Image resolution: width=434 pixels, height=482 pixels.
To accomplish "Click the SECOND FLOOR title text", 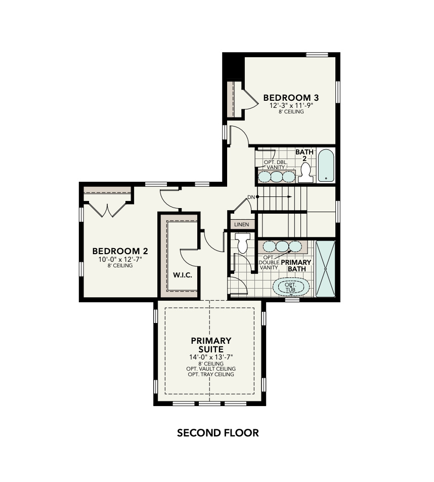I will [218, 433].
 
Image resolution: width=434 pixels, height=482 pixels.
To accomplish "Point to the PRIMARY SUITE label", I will [211, 345].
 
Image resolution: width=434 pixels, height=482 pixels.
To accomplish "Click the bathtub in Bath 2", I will [327, 165].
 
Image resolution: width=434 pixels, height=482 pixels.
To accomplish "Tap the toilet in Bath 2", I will [305, 174].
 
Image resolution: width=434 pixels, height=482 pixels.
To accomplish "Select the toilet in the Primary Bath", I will [243, 243].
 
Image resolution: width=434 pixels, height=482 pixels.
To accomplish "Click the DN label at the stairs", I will [251, 196].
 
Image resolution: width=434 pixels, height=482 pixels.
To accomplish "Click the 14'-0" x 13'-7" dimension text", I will [211, 357].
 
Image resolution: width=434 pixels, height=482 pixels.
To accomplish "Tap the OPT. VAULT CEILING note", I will [211, 369].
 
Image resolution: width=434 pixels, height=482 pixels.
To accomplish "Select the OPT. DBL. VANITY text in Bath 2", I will [276, 165].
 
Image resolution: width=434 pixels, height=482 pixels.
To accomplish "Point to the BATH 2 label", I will [305, 155].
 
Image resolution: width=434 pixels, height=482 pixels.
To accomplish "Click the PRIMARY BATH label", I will [296, 266].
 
